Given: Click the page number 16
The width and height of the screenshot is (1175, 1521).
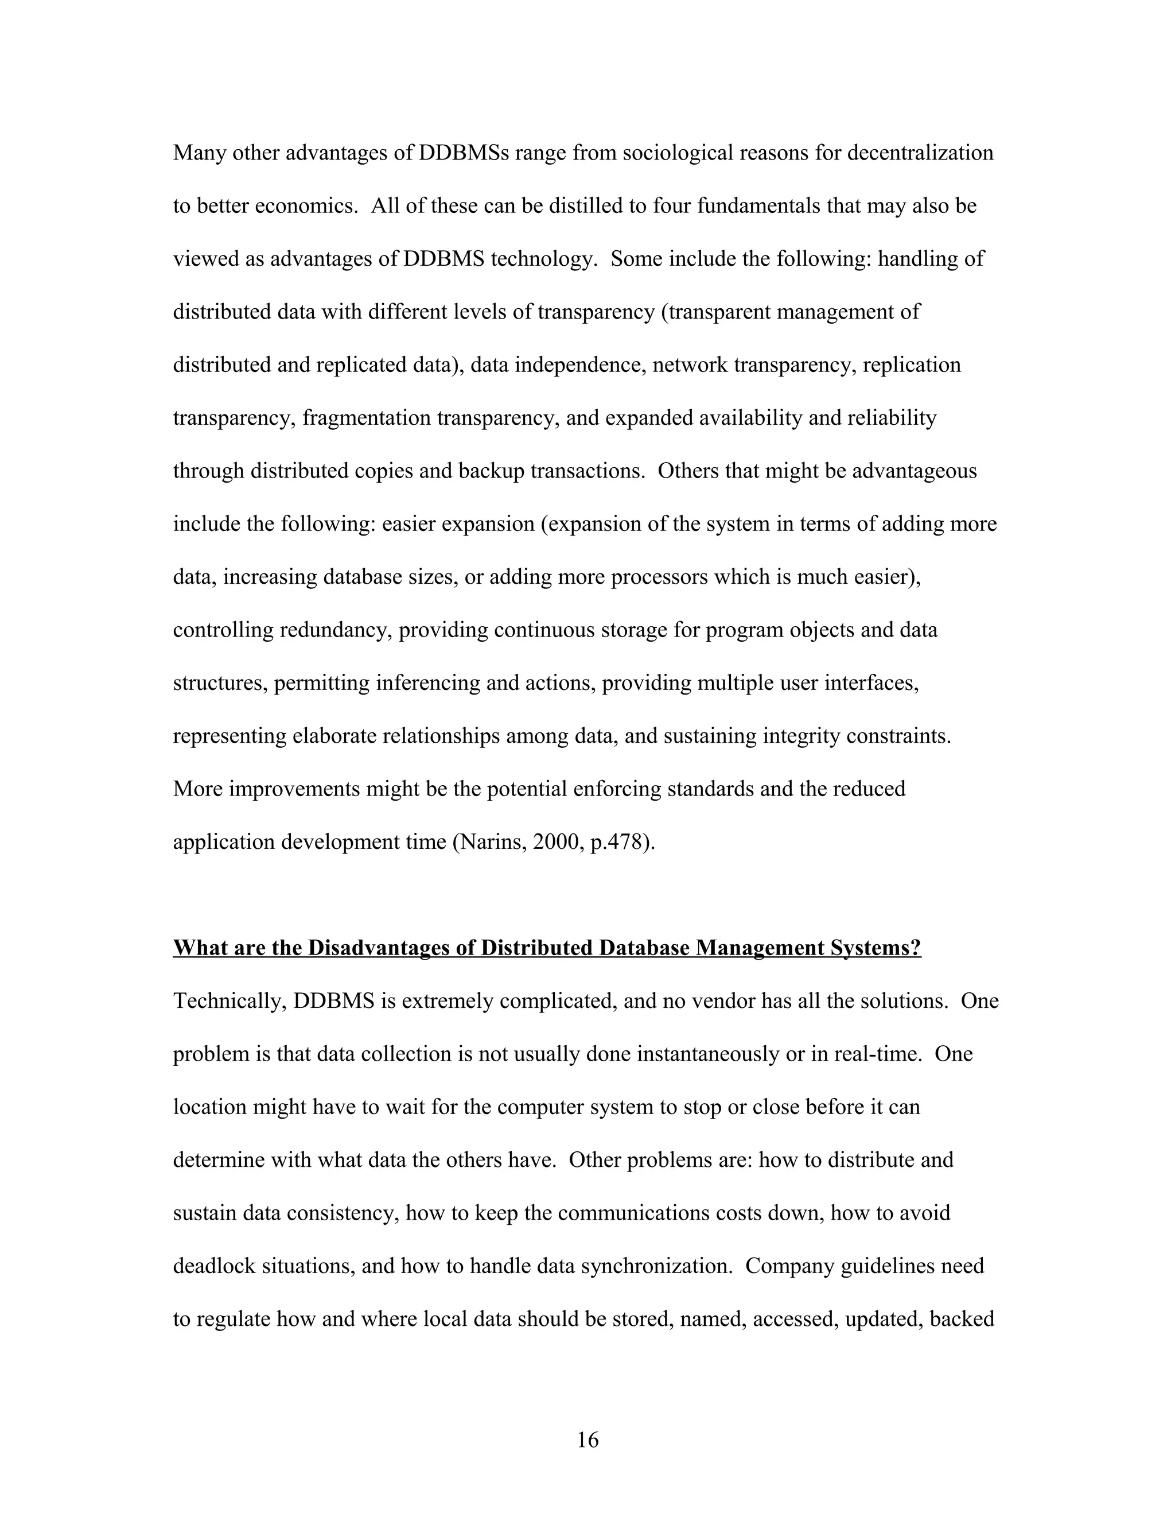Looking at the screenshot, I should click(587, 1439).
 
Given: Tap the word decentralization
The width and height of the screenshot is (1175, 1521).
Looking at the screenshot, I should click(920, 153).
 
